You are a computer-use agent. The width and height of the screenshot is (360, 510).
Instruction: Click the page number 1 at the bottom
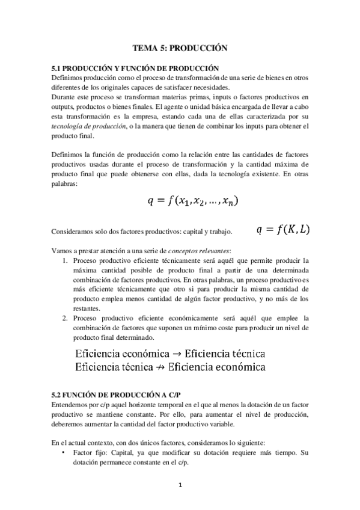[x=180, y=485]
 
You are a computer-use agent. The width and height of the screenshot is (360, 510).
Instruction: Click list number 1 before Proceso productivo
[x=65, y=261]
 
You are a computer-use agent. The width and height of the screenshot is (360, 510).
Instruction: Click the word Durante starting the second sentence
[x=64, y=96]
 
